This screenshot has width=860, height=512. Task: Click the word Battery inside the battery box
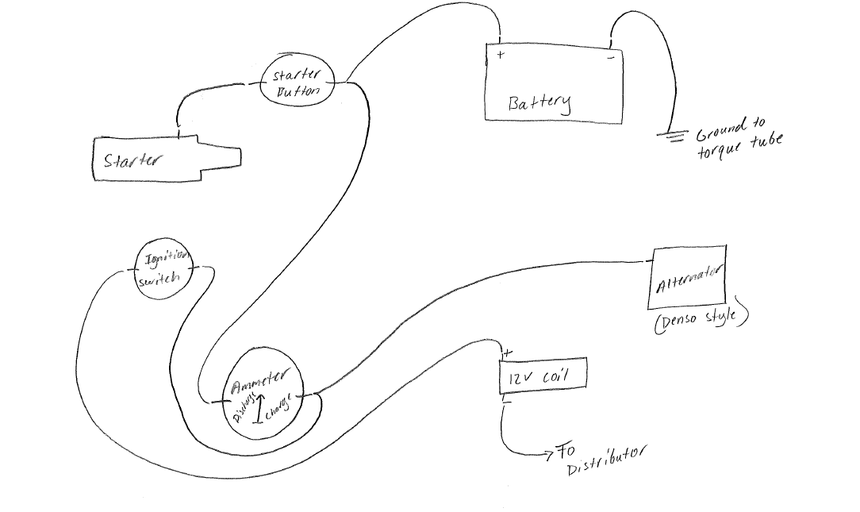point(539,103)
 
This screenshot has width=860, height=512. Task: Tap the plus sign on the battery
point(501,55)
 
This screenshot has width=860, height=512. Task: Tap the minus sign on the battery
point(610,57)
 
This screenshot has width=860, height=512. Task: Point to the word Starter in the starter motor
point(132,160)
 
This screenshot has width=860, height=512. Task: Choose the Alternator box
point(688,279)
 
